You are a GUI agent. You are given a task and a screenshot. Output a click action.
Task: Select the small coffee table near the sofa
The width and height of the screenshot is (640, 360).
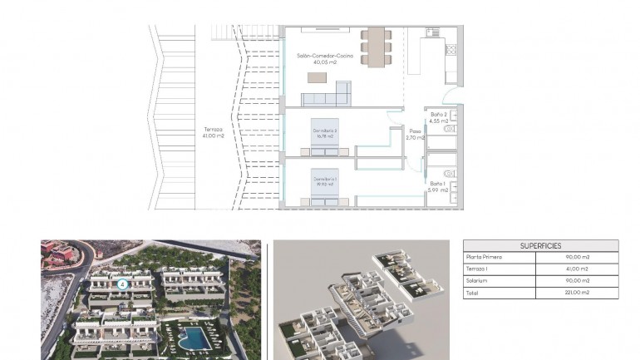pos(318,77)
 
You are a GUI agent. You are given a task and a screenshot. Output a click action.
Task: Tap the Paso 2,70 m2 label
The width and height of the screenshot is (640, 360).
pos(416,134)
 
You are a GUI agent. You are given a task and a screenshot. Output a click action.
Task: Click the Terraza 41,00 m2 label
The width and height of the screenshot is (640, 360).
pos(214,132)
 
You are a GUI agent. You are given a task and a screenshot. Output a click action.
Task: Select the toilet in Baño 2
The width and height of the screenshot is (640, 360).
pos(450,130)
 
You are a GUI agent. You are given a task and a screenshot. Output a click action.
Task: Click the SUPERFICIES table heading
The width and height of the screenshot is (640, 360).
pos(540,246)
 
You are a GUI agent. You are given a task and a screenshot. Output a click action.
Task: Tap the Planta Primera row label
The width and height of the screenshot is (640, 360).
pos(486,258)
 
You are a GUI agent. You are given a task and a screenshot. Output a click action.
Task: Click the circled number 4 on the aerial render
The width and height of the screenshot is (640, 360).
pos(122,284)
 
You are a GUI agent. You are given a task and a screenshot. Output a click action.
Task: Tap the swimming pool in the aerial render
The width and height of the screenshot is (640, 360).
pos(194,337)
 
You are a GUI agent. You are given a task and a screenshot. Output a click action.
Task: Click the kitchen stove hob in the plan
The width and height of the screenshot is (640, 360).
pos(450,49)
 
